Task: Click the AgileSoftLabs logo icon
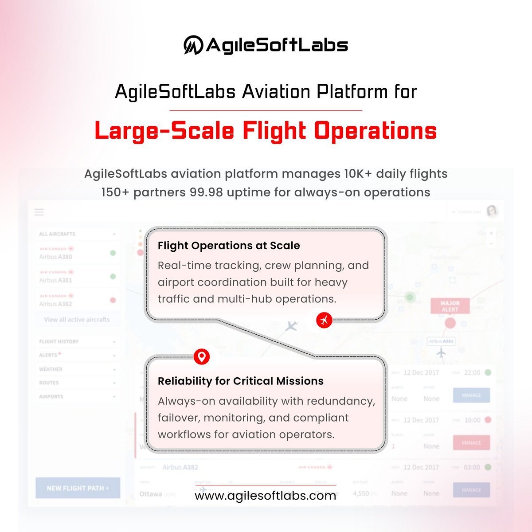click(193, 45)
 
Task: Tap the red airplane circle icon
click(325, 319)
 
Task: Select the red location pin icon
click(202, 356)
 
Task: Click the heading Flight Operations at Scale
click(229, 246)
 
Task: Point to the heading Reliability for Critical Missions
click(241, 381)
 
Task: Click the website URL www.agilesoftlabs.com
click(265, 496)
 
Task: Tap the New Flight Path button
click(78, 488)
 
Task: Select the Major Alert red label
click(450, 306)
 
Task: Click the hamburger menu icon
click(39, 212)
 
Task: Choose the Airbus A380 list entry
click(55, 257)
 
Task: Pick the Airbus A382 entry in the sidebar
click(55, 304)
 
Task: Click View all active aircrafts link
click(77, 319)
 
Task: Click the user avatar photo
click(493, 211)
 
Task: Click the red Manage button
click(471, 442)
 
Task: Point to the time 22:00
click(472, 373)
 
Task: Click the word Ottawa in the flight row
click(151, 493)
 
